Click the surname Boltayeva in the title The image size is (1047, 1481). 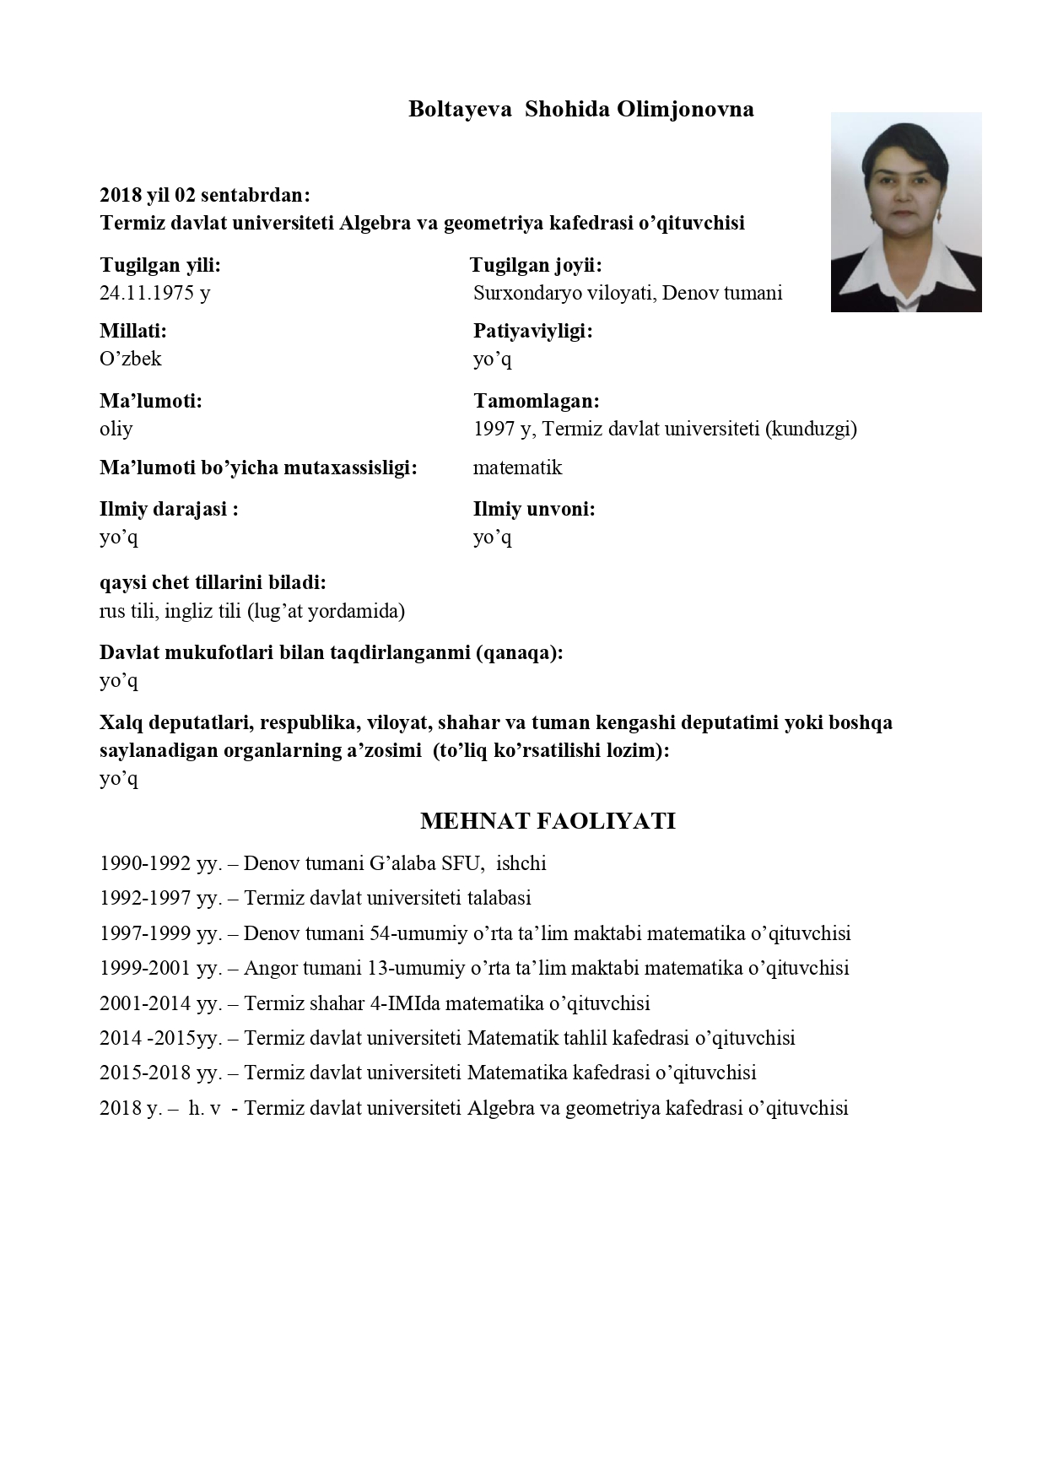pyautogui.click(x=460, y=109)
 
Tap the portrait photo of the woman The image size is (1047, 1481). pyautogui.click(x=905, y=212)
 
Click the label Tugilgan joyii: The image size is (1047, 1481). pyautogui.click(x=536, y=265)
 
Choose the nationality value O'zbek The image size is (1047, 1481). pyautogui.click(x=131, y=359)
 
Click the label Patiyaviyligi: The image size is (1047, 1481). pyautogui.click(x=532, y=331)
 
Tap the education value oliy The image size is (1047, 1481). pyautogui.click(x=116, y=429)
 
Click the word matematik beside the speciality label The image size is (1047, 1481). pyautogui.click(x=517, y=468)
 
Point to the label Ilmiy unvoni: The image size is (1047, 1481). pyautogui.click(x=534, y=509)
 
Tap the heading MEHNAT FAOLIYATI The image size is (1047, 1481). pyautogui.click(x=548, y=821)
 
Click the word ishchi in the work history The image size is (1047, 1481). pyautogui.click(x=521, y=863)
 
